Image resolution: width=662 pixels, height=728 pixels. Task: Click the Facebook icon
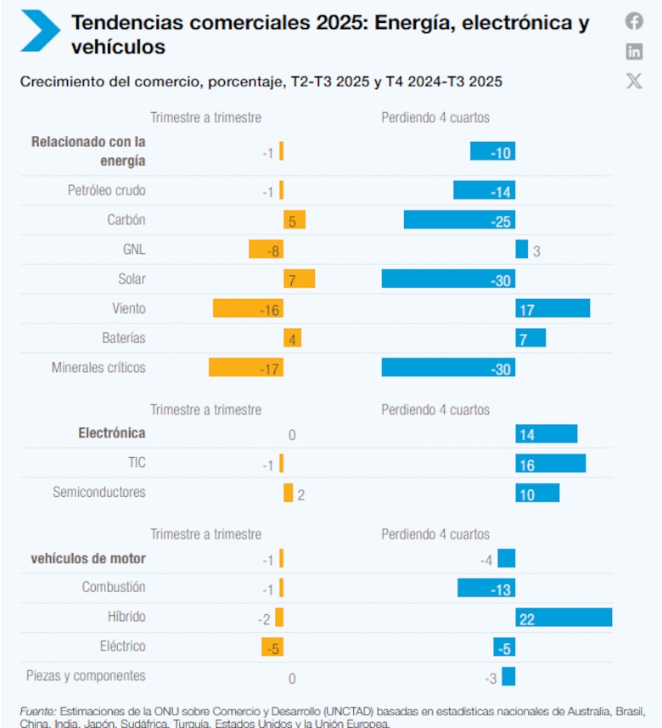[x=634, y=21]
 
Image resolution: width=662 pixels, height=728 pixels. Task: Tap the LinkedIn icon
[x=634, y=51]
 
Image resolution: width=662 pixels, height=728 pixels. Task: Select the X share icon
[x=634, y=81]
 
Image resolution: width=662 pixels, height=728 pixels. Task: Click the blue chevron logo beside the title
[x=39, y=31]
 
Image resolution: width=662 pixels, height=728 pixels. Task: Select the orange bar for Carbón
[x=295, y=220]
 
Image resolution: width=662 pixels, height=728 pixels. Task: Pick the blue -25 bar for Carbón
[x=459, y=220]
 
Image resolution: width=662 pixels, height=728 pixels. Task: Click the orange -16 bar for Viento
[x=248, y=309]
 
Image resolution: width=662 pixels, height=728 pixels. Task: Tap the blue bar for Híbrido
[x=564, y=618]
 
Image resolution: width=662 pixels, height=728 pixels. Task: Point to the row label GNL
[x=134, y=250]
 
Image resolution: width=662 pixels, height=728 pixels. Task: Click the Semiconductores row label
[x=99, y=492]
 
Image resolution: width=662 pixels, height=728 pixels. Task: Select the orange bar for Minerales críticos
[x=246, y=368]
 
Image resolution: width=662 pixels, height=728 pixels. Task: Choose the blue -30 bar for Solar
[x=448, y=279]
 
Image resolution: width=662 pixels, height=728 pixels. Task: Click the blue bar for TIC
[x=550, y=464]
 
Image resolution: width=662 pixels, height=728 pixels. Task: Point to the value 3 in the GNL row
[x=536, y=251]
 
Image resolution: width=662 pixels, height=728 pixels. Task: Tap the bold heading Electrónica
[x=112, y=433]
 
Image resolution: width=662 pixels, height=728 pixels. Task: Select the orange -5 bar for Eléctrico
[x=272, y=647]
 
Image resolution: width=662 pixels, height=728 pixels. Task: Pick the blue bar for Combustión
[x=486, y=588]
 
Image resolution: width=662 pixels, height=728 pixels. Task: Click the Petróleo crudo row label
[x=107, y=190]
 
